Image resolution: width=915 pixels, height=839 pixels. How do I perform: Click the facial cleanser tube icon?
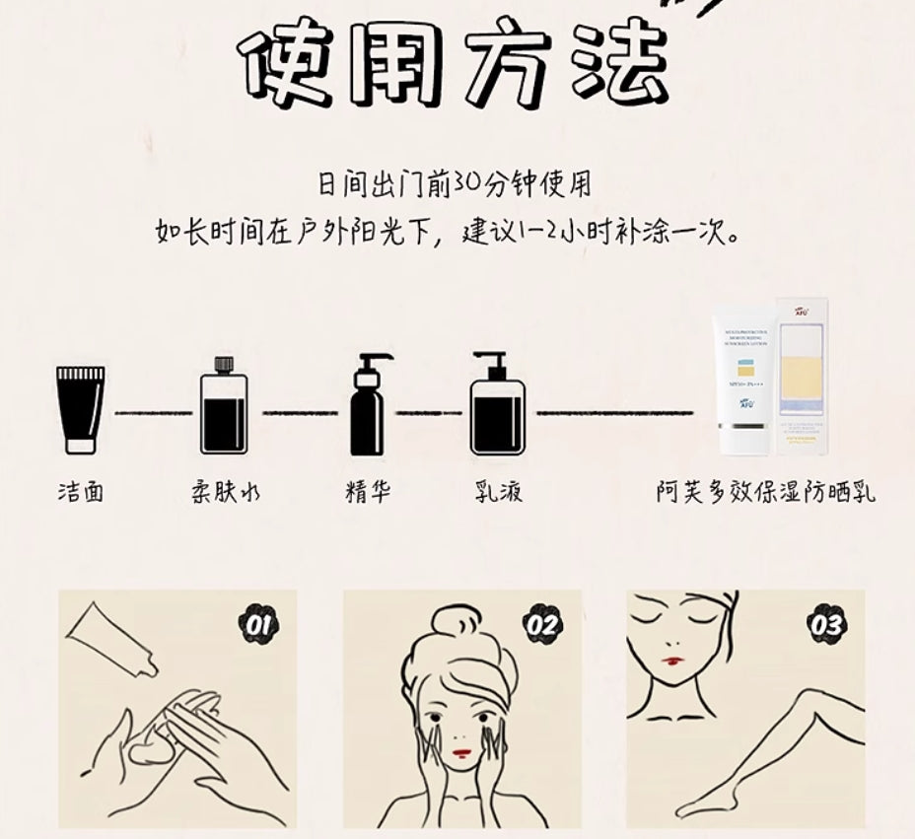[80, 408]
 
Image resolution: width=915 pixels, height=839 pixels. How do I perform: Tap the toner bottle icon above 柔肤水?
[223, 408]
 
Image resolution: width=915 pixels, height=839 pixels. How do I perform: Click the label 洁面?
[80, 491]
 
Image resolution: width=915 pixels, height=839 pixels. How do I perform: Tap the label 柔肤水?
[226, 491]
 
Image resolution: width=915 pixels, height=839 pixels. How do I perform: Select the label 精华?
[369, 491]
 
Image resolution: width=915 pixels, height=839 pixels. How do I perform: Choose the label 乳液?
[498, 491]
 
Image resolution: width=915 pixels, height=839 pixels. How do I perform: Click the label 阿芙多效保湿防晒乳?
[766, 491]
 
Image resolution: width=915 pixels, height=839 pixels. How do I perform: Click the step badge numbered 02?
[542, 624]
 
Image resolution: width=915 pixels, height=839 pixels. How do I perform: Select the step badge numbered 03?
[826, 624]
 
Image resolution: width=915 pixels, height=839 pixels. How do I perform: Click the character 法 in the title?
[615, 64]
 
